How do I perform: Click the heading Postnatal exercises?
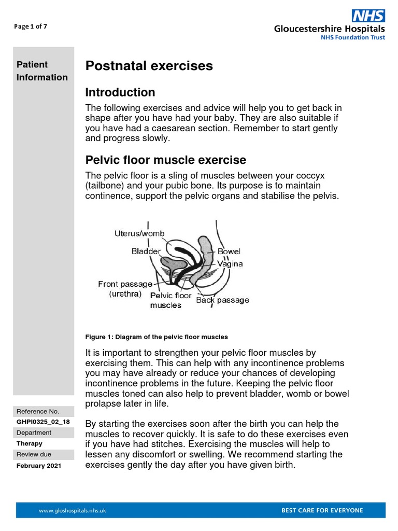[149, 66]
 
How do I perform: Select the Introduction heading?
[120, 92]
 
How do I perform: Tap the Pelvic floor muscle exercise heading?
[165, 160]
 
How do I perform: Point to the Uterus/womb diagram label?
[139, 234]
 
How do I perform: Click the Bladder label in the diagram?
[146, 251]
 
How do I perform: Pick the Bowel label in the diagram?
[229, 251]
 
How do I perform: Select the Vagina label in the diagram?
[230, 263]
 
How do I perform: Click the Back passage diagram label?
[222, 300]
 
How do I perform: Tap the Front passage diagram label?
[125, 284]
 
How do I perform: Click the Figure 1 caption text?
[157, 337]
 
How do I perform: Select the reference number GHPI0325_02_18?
[43, 422]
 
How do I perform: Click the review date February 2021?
[39, 466]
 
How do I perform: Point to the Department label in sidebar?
[34, 432]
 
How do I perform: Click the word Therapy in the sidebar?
[30, 444]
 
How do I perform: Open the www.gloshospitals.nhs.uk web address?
[73, 510]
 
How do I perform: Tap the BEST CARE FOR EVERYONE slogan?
[322, 510]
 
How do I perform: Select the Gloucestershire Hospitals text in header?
[329, 29]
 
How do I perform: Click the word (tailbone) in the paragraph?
[105, 186]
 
